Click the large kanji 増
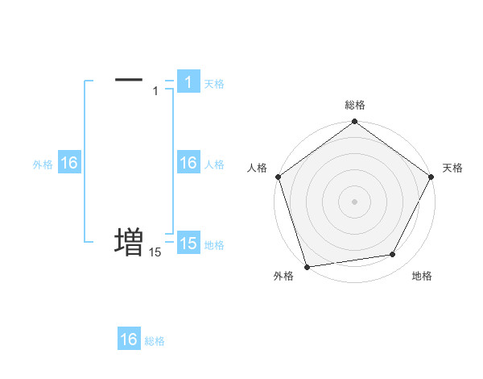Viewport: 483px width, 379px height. (129, 241)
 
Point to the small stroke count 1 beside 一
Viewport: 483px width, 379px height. (155, 90)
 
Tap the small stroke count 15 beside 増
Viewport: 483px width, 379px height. (155, 252)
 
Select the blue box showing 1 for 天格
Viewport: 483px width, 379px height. (188, 82)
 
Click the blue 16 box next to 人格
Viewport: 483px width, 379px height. (188, 163)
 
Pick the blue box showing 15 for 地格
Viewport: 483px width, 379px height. (188, 244)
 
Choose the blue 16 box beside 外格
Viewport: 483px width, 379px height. (69, 163)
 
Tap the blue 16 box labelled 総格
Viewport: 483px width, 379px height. (129, 339)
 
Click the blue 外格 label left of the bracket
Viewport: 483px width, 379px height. (43, 164)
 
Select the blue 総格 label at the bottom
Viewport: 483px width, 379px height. (155, 341)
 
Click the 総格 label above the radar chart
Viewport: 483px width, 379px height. (354, 105)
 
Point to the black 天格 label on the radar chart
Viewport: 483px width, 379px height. (452, 168)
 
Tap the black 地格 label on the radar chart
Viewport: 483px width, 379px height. (422, 276)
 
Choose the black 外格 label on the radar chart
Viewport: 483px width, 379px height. (283, 276)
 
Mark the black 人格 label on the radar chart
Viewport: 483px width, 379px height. (257, 168)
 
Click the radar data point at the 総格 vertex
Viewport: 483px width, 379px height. (354, 123)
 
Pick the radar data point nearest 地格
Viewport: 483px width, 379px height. (393, 255)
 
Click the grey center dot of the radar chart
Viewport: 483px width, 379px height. (354, 201)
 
